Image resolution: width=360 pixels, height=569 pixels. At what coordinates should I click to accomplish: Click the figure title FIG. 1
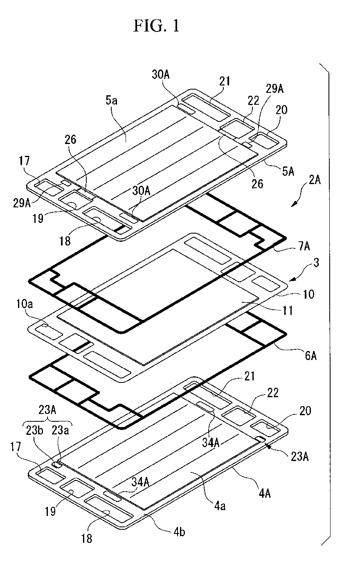tap(157, 26)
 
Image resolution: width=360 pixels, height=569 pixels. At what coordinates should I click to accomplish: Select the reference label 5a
tap(112, 101)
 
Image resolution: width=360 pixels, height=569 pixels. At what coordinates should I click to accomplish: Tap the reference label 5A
tap(288, 171)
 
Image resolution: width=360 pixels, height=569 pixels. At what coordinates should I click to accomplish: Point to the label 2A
tap(315, 180)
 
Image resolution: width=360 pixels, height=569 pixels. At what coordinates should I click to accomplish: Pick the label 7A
tap(304, 246)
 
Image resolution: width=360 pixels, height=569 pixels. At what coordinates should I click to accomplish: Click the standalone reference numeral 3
tap(316, 263)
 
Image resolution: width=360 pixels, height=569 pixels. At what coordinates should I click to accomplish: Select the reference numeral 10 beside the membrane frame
tap(309, 294)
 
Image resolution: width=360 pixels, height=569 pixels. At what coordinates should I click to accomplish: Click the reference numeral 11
tap(288, 310)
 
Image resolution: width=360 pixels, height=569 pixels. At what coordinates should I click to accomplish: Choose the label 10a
tap(25, 304)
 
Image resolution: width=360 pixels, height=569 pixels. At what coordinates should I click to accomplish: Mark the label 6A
tap(310, 356)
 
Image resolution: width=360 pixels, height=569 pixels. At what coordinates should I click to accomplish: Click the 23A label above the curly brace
tap(47, 410)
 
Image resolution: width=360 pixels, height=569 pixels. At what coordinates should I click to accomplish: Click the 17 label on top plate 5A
tap(25, 160)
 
